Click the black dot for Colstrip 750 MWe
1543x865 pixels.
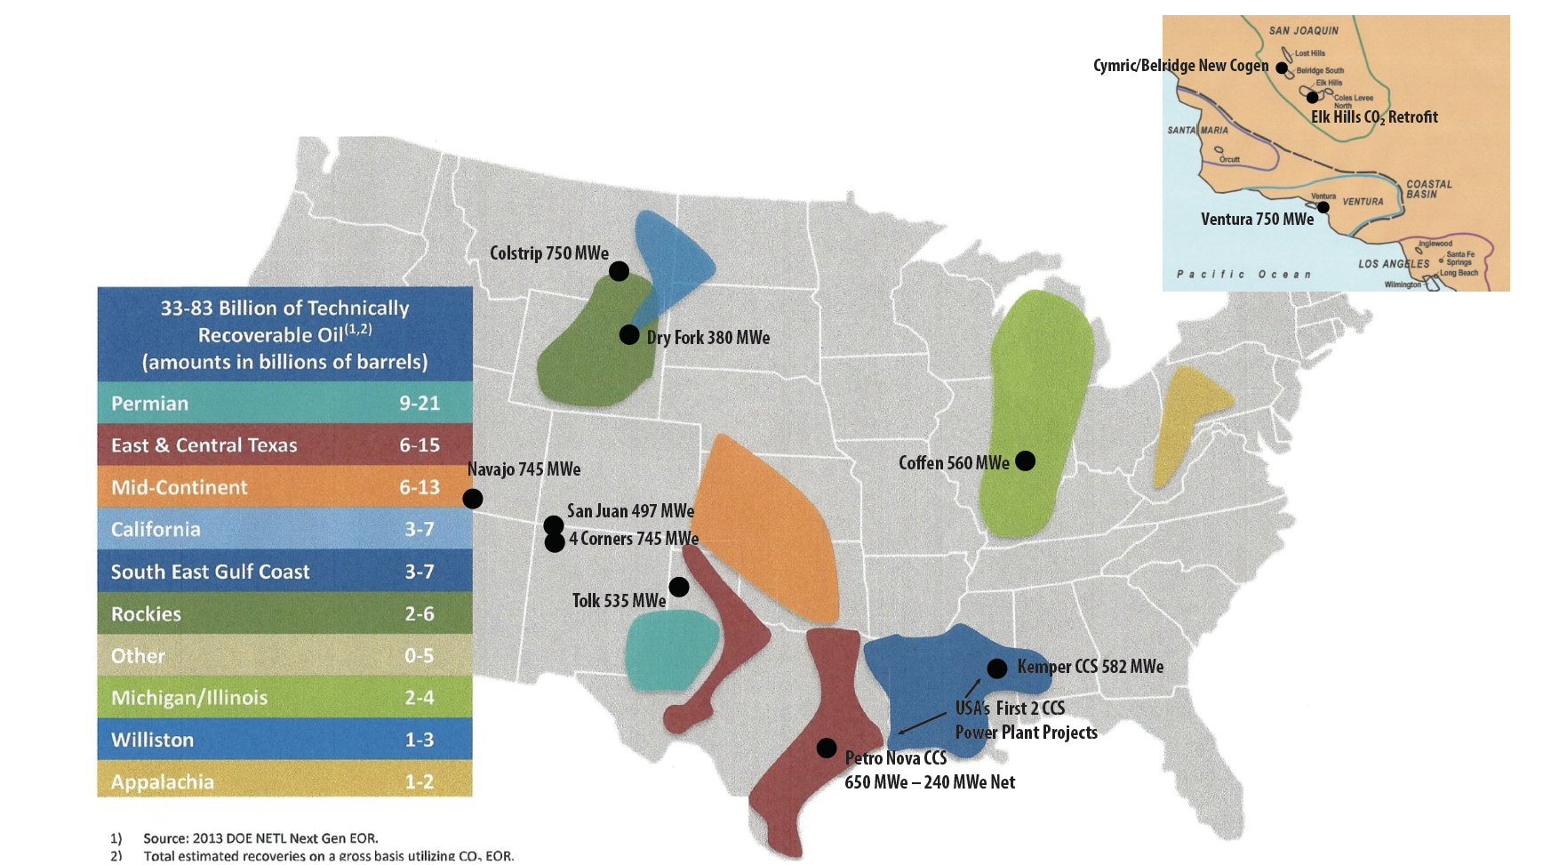[x=620, y=271]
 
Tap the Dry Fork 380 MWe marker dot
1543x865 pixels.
[x=629, y=335]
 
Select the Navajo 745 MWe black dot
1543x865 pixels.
[x=473, y=499]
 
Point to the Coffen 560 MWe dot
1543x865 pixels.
[x=1025, y=461]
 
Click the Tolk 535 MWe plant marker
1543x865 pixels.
[x=679, y=587]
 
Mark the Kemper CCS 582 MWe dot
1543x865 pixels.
[x=997, y=669]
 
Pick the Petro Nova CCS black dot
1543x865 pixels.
[x=827, y=748]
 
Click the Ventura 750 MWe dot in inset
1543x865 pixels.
[x=1323, y=207]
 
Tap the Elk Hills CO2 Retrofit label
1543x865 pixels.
[x=1373, y=117]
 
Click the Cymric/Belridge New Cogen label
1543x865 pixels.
[x=1180, y=66]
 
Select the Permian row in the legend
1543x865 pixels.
[x=284, y=404]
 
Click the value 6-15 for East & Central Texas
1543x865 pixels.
[x=420, y=445]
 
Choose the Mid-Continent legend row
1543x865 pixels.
[x=284, y=487]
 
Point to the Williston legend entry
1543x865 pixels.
[x=284, y=740]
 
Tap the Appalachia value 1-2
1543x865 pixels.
[x=420, y=781]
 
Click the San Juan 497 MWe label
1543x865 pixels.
[x=630, y=511]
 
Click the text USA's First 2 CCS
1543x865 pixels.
[x=1010, y=709]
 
